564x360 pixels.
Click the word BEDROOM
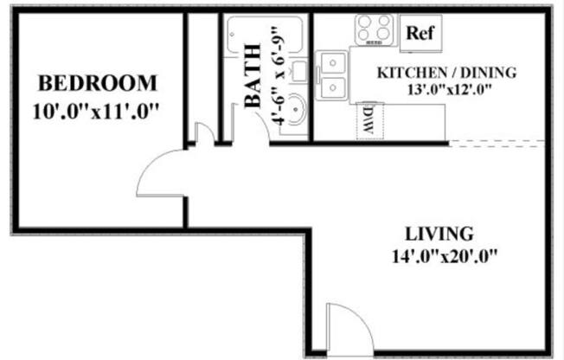99,84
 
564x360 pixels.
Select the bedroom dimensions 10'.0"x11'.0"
99,112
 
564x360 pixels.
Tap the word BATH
253,75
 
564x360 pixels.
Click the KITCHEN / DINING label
446,72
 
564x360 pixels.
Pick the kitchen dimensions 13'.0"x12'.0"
446,88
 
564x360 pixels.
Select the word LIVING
439,234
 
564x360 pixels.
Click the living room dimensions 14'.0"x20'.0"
445,256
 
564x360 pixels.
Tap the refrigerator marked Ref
420,34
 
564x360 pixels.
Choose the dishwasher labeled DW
368,119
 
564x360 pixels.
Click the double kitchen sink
331,74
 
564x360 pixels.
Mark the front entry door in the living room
348,331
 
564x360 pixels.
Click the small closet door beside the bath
203,134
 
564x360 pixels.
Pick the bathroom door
251,125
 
